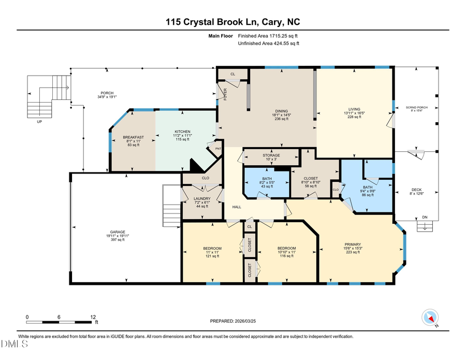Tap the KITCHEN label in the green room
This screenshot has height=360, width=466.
[182, 132]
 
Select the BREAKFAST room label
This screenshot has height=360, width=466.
[133, 137]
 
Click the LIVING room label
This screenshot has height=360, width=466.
[354, 109]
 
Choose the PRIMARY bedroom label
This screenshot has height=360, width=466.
[353, 244]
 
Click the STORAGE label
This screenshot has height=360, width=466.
[271, 155]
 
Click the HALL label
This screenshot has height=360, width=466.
[237, 207]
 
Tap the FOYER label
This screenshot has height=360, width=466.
[225, 94]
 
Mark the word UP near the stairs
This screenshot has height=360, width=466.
[39, 122]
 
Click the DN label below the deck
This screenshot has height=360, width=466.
[424, 218]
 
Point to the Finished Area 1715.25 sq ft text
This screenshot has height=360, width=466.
[268, 36]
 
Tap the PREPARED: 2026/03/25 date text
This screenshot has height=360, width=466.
[232, 321]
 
